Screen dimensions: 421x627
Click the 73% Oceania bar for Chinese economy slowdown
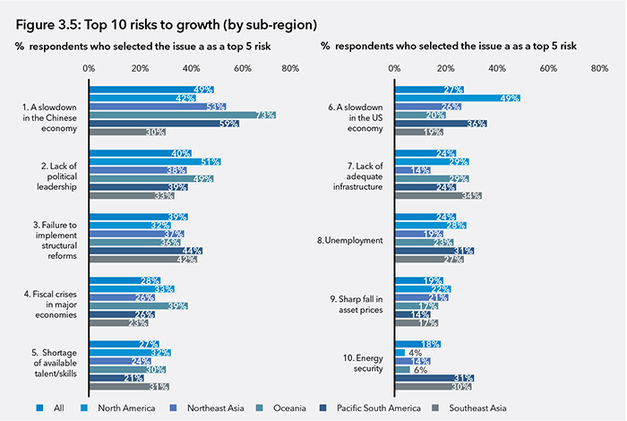(x=182, y=115)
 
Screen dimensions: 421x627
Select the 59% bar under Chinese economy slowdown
(x=164, y=124)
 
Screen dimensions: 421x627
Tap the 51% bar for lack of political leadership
(x=154, y=161)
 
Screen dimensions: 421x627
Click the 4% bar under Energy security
(x=400, y=352)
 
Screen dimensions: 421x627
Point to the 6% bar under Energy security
(x=403, y=369)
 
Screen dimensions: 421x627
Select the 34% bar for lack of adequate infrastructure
(x=438, y=195)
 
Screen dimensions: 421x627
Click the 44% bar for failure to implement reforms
(x=145, y=251)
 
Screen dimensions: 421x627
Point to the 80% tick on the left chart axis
(x=289, y=68)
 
